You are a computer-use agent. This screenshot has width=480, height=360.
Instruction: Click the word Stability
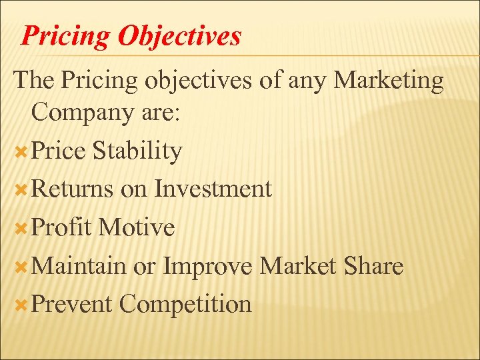[137, 151]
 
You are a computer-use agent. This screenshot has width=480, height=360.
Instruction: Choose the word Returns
[72, 189]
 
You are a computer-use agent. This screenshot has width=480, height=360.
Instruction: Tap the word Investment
[213, 189]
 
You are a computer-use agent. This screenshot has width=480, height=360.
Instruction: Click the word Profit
[61, 228]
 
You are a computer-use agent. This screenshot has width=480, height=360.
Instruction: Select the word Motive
[136, 228]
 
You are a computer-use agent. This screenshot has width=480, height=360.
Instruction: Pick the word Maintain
[78, 267]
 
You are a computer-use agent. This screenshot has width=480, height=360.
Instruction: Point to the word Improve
[208, 267]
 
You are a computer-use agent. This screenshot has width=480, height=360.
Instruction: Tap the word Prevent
[71, 305]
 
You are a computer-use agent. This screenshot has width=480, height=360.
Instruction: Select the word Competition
[185, 305]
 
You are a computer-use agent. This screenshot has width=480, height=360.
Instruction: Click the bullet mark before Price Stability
[21, 151]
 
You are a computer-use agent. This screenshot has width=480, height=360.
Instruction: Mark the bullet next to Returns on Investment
[21, 190]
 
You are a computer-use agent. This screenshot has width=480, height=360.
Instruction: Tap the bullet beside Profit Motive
[21, 229]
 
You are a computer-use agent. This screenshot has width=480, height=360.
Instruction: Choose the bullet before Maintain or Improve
[21, 267]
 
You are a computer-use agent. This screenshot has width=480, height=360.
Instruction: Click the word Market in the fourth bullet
[295, 267]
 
